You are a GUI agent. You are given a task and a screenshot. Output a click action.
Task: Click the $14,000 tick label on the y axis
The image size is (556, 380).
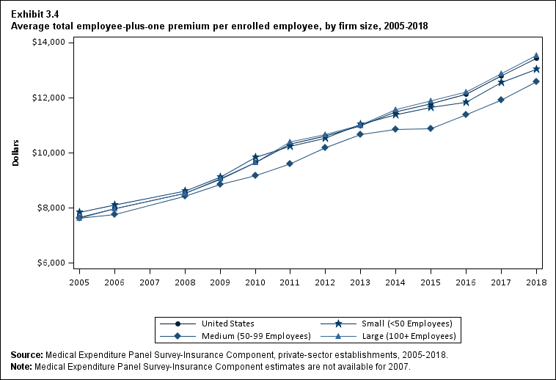click(x=50, y=43)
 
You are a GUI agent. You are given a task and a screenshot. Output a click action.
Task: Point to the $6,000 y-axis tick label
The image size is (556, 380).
click(x=52, y=263)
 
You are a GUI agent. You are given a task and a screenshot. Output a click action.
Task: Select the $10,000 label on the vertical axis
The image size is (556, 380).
click(x=50, y=153)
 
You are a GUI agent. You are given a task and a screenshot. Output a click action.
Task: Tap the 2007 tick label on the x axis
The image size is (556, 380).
click(x=150, y=281)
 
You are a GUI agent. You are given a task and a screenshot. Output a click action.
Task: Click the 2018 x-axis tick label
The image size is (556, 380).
click(x=536, y=281)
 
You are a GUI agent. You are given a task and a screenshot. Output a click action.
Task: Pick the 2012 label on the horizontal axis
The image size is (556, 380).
click(x=325, y=281)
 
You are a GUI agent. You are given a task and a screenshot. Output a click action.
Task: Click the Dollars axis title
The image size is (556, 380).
click(x=15, y=153)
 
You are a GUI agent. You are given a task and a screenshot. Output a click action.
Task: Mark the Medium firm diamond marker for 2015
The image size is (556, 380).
click(x=431, y=128)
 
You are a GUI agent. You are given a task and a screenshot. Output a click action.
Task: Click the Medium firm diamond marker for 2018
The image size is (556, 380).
click(x=536, y=81)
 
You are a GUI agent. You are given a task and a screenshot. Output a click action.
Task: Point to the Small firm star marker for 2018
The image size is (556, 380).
click(x=536, y=70)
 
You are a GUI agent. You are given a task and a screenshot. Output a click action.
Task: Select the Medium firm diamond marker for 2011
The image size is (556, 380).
click(x=290, y=164)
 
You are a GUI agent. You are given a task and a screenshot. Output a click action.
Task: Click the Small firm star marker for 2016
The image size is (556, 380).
click(x=466, y=102)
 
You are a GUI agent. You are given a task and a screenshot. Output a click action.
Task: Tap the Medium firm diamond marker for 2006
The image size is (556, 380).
click(x=114, y=214)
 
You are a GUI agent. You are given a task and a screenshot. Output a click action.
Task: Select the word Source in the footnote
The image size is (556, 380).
click(x=26, y=355)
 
